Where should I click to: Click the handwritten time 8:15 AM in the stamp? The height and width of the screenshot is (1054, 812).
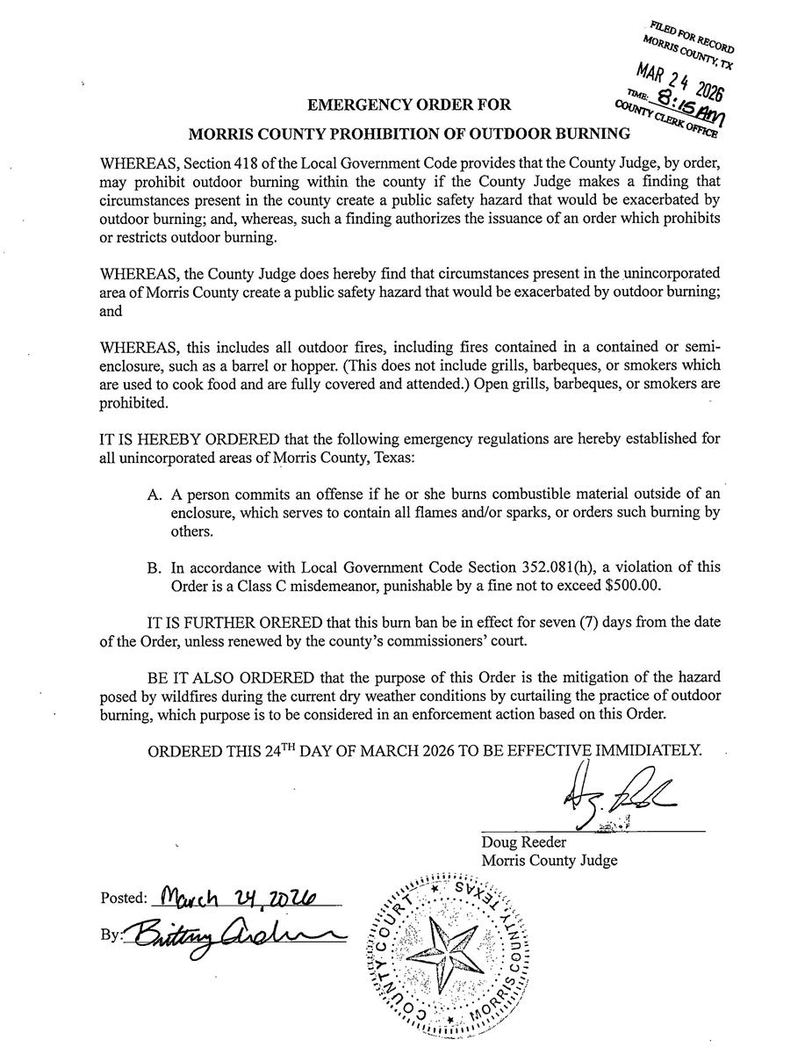[690, 111]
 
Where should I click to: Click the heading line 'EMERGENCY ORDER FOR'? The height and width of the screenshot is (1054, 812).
[409, 106]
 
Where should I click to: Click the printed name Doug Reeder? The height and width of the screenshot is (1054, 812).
[523, 843]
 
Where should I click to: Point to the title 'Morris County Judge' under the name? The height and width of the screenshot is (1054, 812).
[549, 861]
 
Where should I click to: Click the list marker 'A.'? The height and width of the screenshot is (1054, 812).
[156, 495]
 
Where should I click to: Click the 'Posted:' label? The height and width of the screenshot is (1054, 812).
[124, 899]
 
